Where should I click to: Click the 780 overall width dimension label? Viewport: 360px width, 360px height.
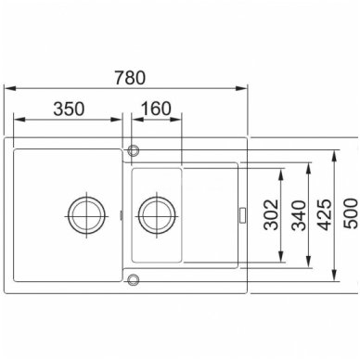pyautogui.click(x=130, y=78)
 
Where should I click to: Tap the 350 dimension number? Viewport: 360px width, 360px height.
pyautogui.click(x=69, y=109)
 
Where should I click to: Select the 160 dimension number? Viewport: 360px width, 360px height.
pyautogui.click(x=156, y=109)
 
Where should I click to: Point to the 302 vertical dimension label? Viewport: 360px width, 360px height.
pyautogui.click(x=271, y=214)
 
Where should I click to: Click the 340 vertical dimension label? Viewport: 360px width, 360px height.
pyautogui.click(x=299, y=215)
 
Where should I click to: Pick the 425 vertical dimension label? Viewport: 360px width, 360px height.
pyautogui.click(x=325, y=214)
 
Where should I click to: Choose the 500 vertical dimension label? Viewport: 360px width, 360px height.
pyautogui.click(x=351, y=213)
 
